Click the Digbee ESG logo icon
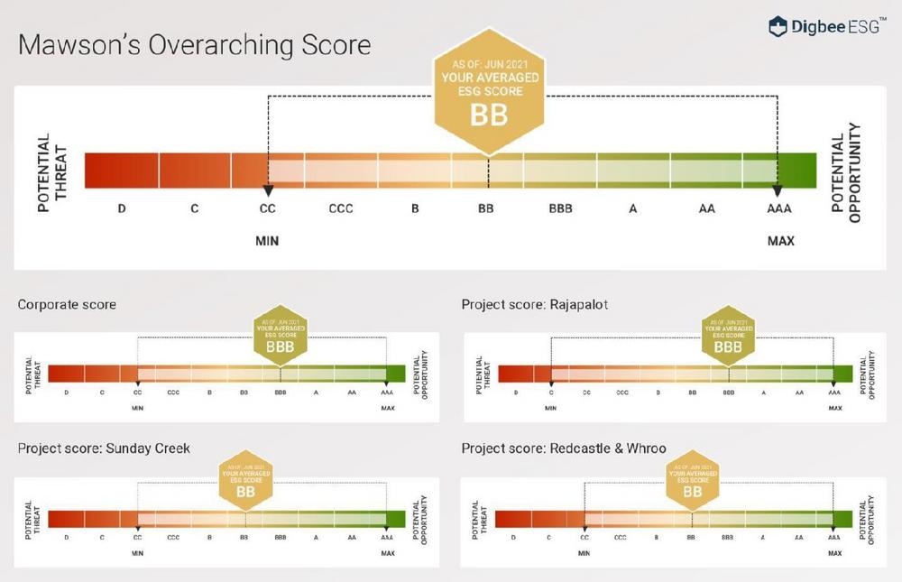[778, 26]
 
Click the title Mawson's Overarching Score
[194, 45]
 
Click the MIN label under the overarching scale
[267, 241]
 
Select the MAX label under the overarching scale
[780, 241]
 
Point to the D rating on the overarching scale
[122, 209]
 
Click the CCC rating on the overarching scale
[341, 209]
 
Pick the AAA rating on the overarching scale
[779, 209]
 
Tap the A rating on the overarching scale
[633, 209]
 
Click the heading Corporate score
[67, 305]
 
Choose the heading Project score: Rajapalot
[535, 305]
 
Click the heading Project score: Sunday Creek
[104, 448]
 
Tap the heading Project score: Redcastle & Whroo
[564, 448]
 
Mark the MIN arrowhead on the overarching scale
[267, 191]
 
